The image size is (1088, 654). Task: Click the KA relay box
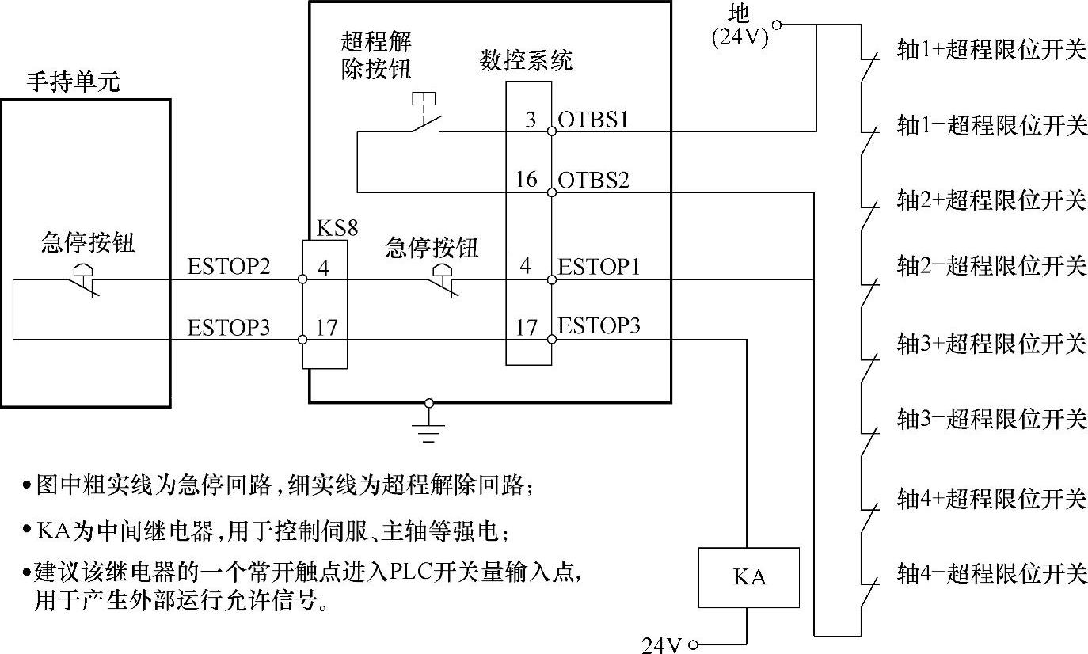point(748,577)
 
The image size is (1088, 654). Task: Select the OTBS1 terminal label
point(593,120)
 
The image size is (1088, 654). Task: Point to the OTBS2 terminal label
point(594,181)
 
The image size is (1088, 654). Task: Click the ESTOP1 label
point(598,266)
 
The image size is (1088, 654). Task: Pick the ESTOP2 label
point(229,266)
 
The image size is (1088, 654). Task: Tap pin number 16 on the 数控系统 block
point(526,180)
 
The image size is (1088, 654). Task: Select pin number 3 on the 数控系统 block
point(531,120)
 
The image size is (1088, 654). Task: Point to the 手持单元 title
point(74,82)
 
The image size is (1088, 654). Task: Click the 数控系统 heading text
point(526,60)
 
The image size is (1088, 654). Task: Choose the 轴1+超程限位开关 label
point(991,50)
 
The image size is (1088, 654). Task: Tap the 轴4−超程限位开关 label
point(991,572)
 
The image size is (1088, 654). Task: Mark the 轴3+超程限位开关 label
point(991,344)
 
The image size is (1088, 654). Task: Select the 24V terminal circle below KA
point(694,644)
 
